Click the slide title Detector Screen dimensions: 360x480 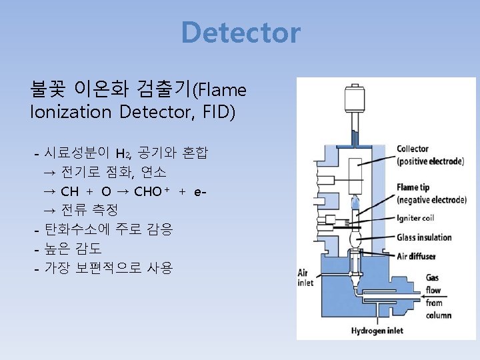[x=241, y=33]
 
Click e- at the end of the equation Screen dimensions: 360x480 [x=199, y=192]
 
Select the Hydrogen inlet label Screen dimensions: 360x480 [x=381, y=330]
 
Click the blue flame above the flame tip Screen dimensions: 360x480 [x=355, y=201]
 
